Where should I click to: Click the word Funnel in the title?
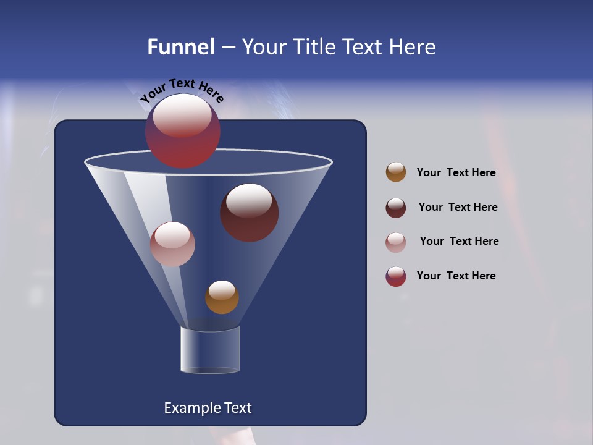[x=180, y=47]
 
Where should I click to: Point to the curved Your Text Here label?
[x=182, y=90]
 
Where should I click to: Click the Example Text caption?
[x=208, y=408]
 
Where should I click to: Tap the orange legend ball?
[x=396, y=172]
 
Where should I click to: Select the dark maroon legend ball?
[x=396, y=208]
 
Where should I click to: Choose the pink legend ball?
[x=396, y=242]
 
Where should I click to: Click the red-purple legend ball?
[x=396, y=276]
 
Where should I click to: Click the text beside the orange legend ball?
[x=456, y=173]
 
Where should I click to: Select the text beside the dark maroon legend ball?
[x=458, y=208]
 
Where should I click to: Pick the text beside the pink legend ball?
[x=459, y=242]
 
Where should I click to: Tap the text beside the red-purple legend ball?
[x=456, y=276]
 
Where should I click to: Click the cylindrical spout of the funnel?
[x=210, y=350]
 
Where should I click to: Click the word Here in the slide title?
[x=413, y=47]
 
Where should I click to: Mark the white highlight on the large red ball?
[x=182, y=116]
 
